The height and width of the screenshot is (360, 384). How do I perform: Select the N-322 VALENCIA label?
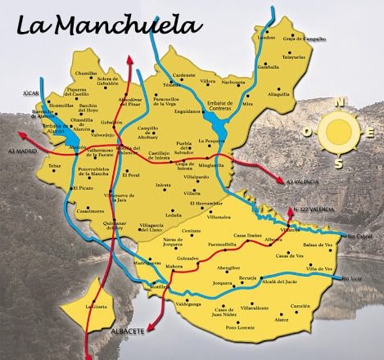[x=314, y=209]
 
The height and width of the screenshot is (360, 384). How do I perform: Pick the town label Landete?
[x=266, y=38]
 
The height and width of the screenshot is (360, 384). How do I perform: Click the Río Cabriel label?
[x=359, y=237]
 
